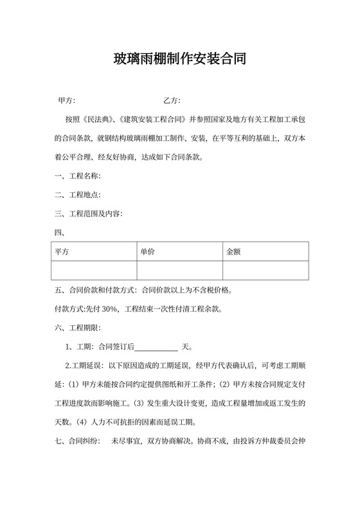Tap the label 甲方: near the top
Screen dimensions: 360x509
tap(67, 100)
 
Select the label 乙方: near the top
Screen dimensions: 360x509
tap(172, 100)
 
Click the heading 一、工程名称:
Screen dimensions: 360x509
tap(76, 176)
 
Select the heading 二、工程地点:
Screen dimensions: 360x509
tap(76, 195)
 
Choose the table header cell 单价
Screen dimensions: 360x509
tap(147, 252)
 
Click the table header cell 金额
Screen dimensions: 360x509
tap(233, 252)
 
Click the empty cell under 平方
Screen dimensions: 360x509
tap(93, 271)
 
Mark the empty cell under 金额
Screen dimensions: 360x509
tap(265, 271)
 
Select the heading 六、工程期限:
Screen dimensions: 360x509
tap(76, 328)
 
